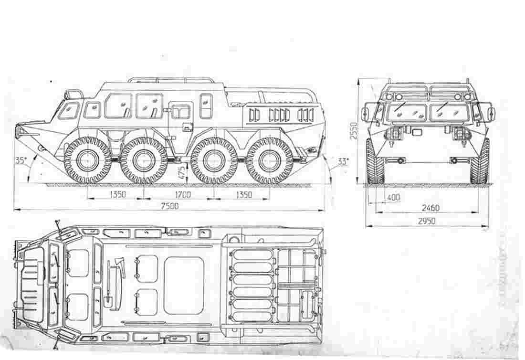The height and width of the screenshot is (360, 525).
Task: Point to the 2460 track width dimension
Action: point(430,208)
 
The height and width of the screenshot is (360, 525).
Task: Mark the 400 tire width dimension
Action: point(394,197)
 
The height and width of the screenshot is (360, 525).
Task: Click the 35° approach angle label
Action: point(21,161)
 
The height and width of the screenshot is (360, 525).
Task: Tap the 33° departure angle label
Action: point(343,161)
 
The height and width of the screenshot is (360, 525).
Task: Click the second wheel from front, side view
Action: point(143,160)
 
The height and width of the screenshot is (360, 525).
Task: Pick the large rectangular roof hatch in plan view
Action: point(184,286)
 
